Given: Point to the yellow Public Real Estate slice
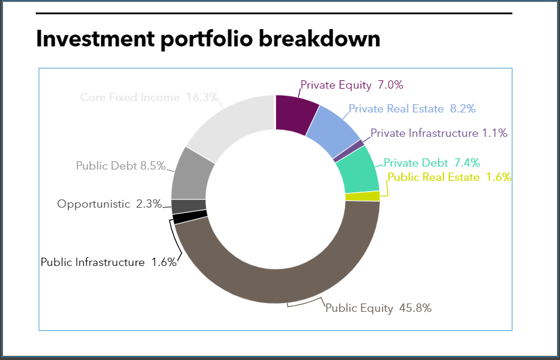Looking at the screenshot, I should pyautogui.click(x=362, y=196).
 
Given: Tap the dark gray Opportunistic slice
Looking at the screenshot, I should pyautogui.click(x=189, y=206).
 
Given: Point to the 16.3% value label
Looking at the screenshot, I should pyautogui.click(x=202, y=97).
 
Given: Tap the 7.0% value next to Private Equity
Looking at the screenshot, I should pyautogui.click(x=390, y=85).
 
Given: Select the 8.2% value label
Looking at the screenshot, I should pyautogui.click(x=462, y=109).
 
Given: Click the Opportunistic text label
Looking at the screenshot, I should pyautogui.click(x=93, y=204).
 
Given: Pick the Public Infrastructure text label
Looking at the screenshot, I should pyautogui.click(x=92, y=262).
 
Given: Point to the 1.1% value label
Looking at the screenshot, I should pyautogui.click(x=495, y=133).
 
